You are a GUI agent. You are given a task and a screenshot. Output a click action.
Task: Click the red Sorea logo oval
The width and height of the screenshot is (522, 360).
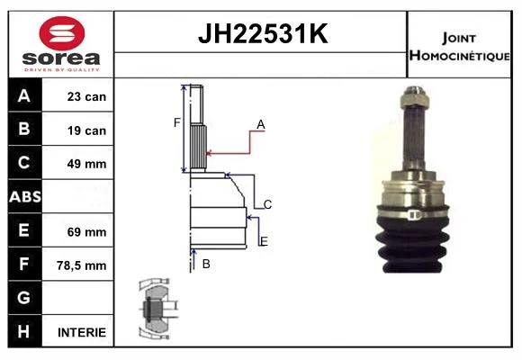62,33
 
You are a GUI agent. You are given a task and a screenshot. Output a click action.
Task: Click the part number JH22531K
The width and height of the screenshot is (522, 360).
263,33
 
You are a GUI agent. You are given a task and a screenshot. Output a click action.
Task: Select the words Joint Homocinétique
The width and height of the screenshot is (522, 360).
459,47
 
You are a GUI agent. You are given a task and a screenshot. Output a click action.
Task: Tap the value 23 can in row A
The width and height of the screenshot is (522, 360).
86,96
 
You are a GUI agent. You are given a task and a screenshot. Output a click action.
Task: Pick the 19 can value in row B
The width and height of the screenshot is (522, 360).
86,130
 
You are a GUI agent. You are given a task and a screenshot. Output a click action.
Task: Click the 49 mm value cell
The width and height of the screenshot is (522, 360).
86,164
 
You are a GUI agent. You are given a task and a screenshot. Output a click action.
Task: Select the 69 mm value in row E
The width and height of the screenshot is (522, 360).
86,232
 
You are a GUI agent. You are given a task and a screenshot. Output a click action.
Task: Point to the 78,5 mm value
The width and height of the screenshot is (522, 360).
82,265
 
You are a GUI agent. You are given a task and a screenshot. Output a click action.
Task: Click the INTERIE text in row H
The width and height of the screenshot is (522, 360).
82,332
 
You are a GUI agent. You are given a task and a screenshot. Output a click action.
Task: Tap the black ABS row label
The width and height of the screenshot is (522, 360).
25,196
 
